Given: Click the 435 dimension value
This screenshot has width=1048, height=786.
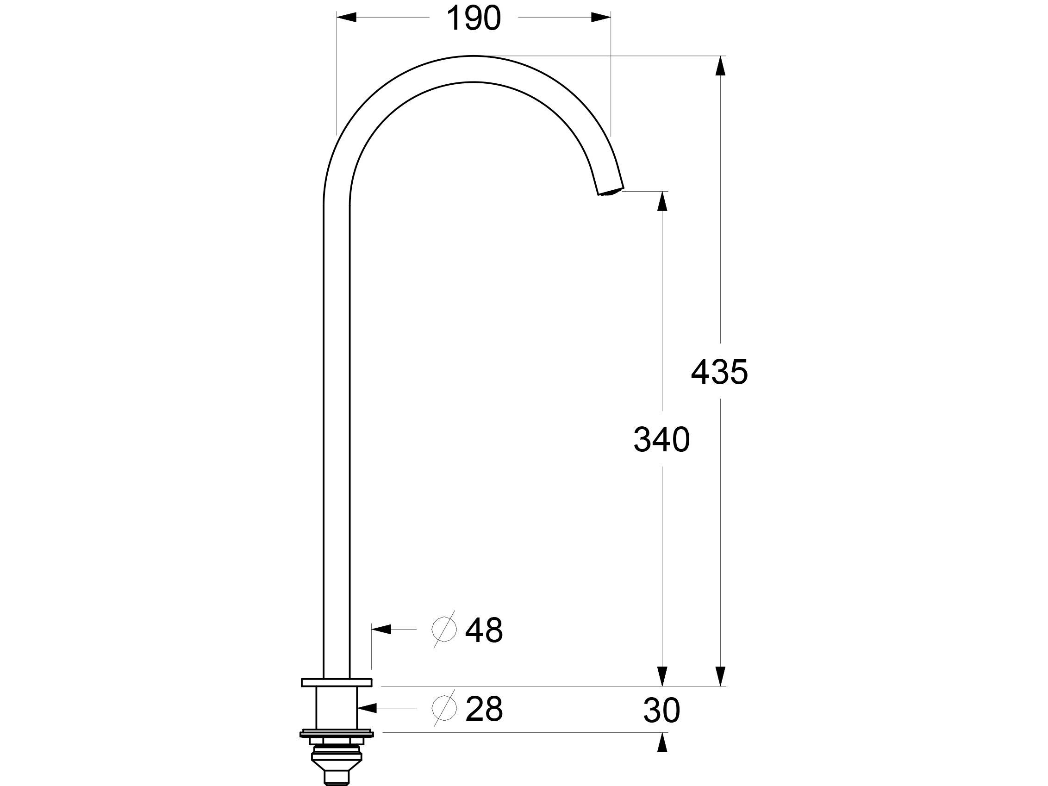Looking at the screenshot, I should [x=719, y=372].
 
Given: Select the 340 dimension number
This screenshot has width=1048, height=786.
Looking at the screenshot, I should [x=661, y=440].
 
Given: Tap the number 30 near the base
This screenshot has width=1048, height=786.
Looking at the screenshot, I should [x=661, y=711].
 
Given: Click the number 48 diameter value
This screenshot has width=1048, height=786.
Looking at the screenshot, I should [x=484, y=630].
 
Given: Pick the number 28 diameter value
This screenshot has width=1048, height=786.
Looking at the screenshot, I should [x=484, y=709].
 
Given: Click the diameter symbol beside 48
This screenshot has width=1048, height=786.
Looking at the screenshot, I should [x=444, y=630].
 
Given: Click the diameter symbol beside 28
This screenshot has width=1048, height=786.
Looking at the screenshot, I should [x=444, y=708].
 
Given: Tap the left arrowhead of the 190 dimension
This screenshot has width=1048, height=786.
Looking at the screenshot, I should [x=346, y=18].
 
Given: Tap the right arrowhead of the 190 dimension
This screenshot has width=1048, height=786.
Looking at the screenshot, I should [x=601, y=18].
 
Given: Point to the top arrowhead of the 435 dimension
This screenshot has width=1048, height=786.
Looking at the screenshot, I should [x=720, y=66].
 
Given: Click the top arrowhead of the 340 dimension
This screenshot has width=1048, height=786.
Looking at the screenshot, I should [x=662, y=201].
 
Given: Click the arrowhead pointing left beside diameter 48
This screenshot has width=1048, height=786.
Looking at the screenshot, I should [x=382, y=629].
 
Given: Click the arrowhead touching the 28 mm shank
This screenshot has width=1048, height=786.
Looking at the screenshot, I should [x=367, y=708].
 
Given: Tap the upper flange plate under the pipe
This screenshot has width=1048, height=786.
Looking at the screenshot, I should [x=337, y=683].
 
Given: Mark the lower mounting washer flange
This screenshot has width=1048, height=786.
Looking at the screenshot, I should [x=337, y=734].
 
